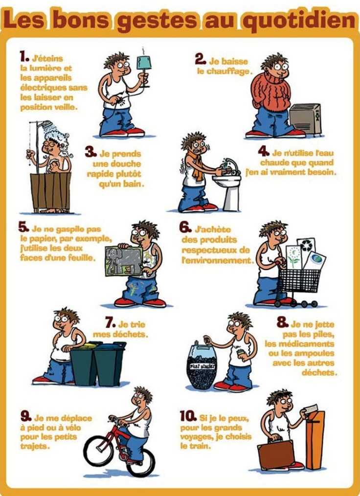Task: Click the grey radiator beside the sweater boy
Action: pyautogui.click(x=305, y=119)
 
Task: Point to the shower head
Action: pyautogui.click(x=47, y=124)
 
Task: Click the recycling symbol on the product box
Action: pyautogui.click(x=306, y=245)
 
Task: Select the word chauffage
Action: pyautogui.click(x=229, y=71)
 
